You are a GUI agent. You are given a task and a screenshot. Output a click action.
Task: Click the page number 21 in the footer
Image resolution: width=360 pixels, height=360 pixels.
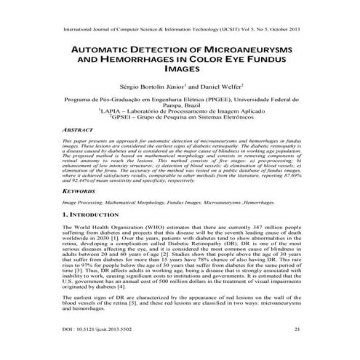297,329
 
